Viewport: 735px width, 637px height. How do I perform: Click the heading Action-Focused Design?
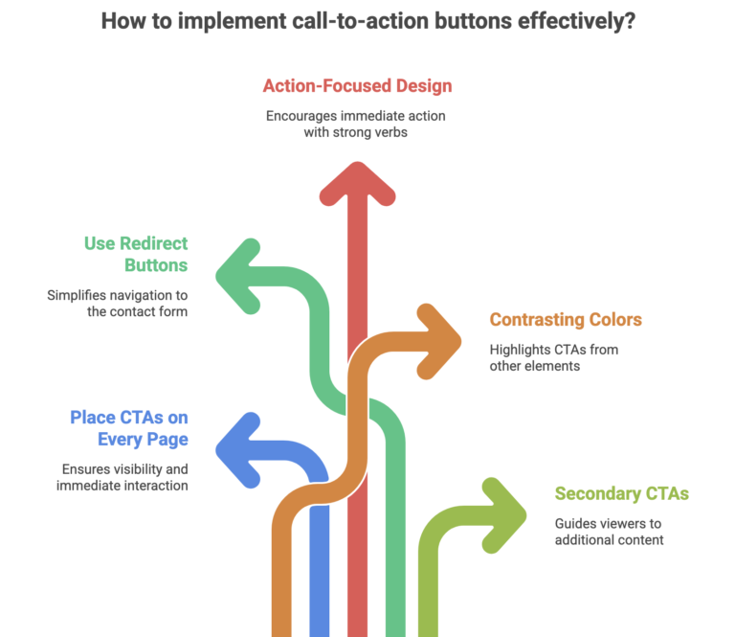coord(357,85)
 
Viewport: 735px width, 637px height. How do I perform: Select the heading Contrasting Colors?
coord(565,320)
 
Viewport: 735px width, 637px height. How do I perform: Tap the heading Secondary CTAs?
coord(621,494)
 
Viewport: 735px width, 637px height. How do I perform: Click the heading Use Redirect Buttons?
coord(136,254)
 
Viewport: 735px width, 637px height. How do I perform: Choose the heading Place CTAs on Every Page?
coord(128,428)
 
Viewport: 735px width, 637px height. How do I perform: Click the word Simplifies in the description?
coord(78,295)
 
